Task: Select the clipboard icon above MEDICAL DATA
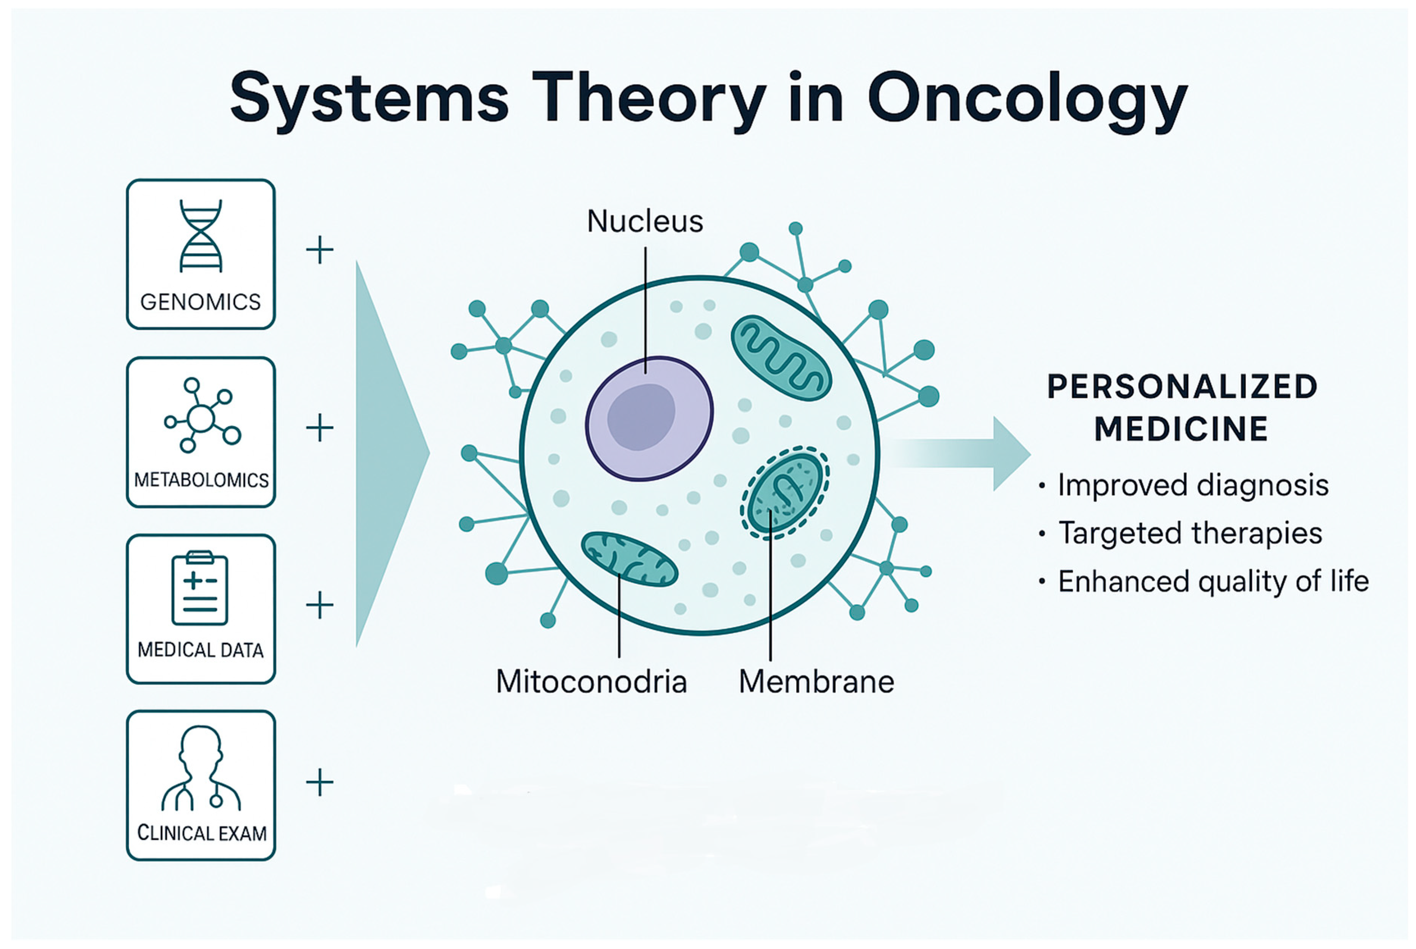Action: pos(200,588)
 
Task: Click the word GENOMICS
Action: pos(200,301)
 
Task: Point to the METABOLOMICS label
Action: pos(201,480)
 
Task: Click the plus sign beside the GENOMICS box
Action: pos(320,250)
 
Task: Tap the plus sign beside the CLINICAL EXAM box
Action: pos(320,783)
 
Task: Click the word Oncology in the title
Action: pos(1027,99)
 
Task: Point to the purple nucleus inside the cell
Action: pos(649,419)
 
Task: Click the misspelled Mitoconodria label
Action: pos(591,681)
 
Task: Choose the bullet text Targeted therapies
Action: pos(1190,533)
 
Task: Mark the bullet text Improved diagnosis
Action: pos(1193,485)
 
